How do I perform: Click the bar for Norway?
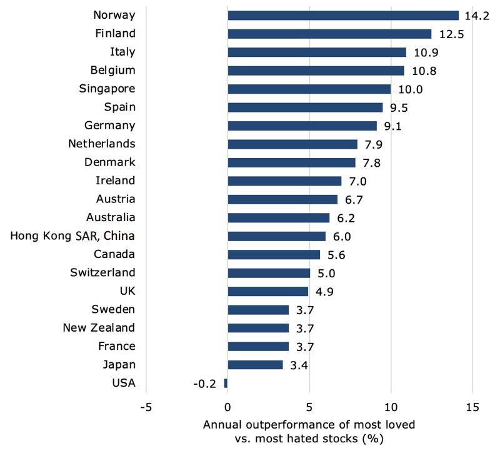[343, 16]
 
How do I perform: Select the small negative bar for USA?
[226, 383]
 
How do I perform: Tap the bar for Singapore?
[309, 89]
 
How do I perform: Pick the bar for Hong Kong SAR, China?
[276, 236]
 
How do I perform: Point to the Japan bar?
[255, 365]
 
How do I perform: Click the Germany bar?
[302, 126]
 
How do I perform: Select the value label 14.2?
[476, 16]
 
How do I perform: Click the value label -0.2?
[204, 384]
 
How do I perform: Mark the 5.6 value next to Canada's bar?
[336, 255]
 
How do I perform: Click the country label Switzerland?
[102, 273]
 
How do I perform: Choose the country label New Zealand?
[99, 328]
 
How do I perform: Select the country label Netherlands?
[101, 144]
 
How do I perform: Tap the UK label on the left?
[127, 291]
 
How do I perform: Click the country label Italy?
[121, 52]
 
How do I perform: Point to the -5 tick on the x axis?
[146, 407]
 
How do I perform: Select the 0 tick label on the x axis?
[227, 407]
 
